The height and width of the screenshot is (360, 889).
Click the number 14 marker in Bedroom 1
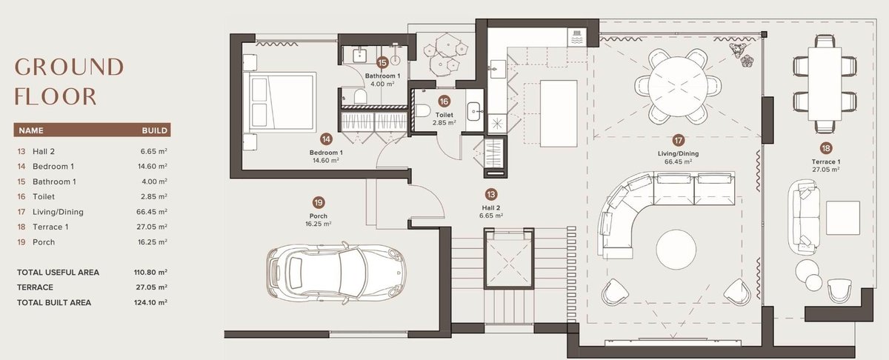tap(326, 139)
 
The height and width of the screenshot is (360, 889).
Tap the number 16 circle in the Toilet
tap(444, 101)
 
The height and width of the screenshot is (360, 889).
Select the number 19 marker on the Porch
tap(319, 203)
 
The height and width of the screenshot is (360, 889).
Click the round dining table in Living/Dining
tap(678, 86)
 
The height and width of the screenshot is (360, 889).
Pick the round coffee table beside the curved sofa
tap(676, 250)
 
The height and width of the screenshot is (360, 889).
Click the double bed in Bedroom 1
tap(282, 102)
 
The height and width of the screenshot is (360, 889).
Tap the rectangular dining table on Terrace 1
tap(825, 84)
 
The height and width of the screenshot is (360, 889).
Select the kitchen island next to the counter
tap(559, 113)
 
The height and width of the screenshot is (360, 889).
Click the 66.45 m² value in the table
tap(152, 212)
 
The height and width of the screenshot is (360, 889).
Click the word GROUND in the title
tap(70, 67)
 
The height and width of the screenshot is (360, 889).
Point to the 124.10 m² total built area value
tap(150, 302)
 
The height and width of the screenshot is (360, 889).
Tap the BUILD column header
tap(154, 130)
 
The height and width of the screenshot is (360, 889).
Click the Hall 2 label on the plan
tap(491, 207)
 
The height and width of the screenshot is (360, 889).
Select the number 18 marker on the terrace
tap(826, 148)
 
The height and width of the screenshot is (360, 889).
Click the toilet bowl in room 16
tap(422, 110)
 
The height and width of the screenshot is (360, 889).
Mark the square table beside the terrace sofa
tap(843, 218)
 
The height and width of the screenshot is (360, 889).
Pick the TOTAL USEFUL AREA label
tap(58, 273)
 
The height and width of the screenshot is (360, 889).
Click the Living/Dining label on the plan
tap(679, 153)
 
